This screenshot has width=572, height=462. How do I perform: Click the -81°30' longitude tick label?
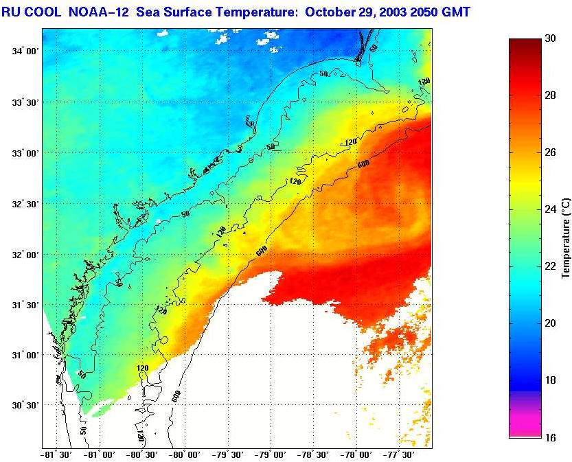[58, 454]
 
